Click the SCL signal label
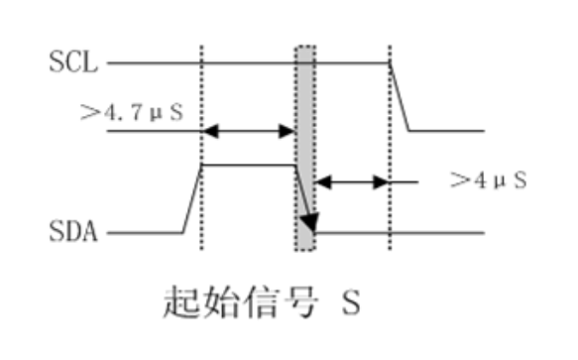pos(74,64)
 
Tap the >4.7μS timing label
pos(131,110)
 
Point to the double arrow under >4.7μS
pos(249,131)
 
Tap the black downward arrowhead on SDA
pos(309,221)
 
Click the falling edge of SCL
pos(401,97)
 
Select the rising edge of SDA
pos(192,199)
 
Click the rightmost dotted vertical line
pos(390,198)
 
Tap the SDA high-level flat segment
pos(249,165)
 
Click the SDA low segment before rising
pos(145,234)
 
